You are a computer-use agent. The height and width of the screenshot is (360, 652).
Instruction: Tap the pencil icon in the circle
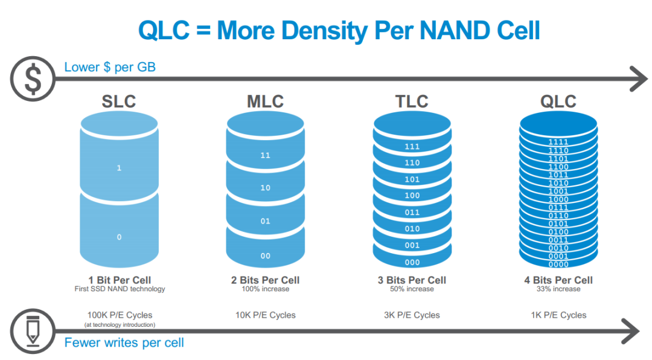[x=31, y=330]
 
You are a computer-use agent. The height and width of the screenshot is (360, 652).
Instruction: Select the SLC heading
[x=119, y=101]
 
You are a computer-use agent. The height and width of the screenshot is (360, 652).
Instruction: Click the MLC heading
[x=265, y=101]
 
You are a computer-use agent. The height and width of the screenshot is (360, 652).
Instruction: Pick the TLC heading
[x=412, y=101]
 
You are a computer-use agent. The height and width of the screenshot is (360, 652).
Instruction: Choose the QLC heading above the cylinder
[x=558, y=101]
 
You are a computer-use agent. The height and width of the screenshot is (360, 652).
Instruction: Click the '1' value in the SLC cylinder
[x=119, y=168]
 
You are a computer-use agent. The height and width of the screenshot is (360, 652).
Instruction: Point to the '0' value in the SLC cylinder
[x=119, y=237]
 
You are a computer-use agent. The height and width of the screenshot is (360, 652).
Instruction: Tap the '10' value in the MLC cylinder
[x=266, y=188]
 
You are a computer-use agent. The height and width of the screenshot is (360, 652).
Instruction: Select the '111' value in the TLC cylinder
[x=412, y=147]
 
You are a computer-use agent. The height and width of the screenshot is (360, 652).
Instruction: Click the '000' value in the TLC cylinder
[x=412, y=262]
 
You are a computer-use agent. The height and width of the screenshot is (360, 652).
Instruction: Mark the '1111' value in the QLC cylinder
[x=558, y=143]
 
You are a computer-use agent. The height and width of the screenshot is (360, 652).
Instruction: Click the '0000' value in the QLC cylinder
[x=558, y=264]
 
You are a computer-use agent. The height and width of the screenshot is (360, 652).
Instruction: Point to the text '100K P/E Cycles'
[x=120, y=315]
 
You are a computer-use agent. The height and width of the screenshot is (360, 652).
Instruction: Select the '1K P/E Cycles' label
[x=558, y=315]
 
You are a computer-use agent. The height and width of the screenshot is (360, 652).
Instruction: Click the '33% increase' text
[x=558, y=289]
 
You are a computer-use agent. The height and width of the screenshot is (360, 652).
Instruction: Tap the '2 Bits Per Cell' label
[x=266, y=280]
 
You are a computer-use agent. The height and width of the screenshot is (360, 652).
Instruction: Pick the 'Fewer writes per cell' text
[x=124, y=343]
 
